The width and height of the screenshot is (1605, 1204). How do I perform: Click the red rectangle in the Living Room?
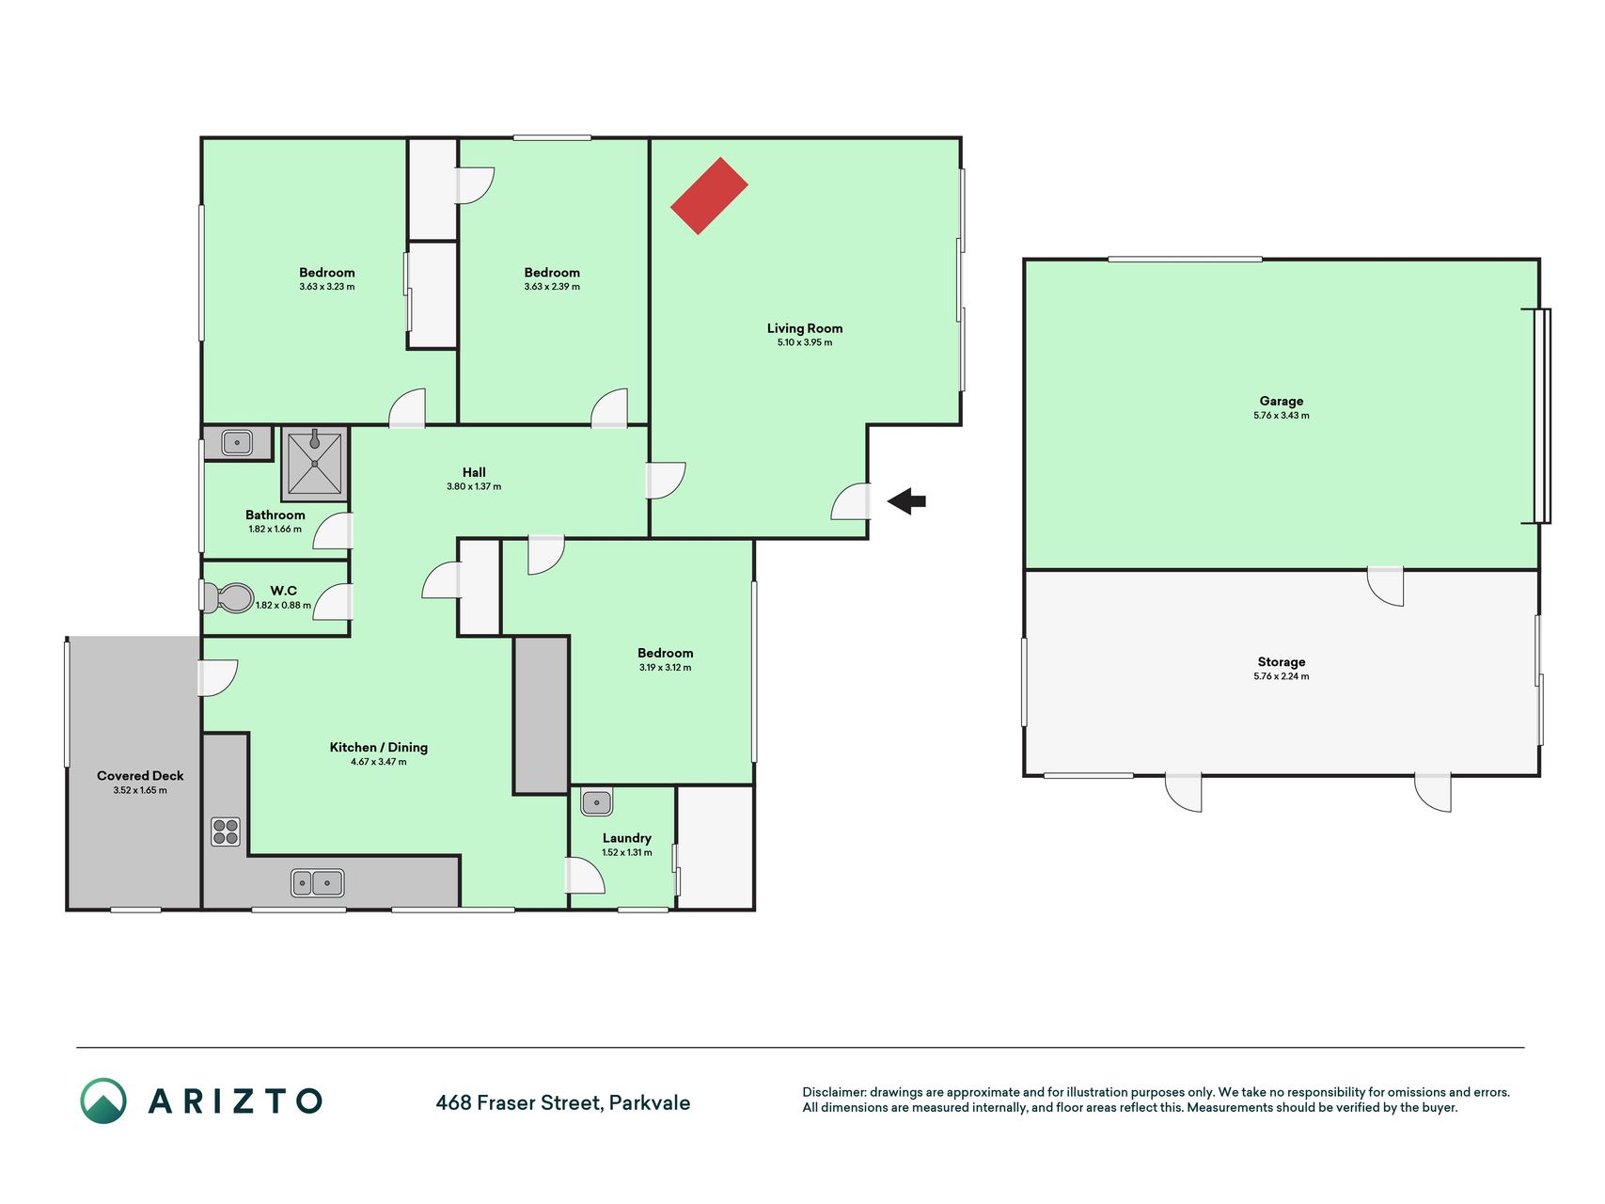[709, 196]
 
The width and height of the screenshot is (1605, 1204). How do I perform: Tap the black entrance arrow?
[906, 501]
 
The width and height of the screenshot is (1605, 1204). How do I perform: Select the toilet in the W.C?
[228, 597]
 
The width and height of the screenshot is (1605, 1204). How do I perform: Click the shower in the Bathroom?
[314, 463]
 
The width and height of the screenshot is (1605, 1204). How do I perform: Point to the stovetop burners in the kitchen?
[226, 832]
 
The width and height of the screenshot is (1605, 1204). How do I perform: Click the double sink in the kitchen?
[317, 883]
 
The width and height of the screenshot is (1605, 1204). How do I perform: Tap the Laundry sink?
[597, 802]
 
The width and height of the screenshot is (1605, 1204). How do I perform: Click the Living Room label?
[805, 328]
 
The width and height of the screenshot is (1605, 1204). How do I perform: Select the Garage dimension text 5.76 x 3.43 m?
[1281, 416]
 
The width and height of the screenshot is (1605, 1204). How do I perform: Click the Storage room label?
[1281, 662]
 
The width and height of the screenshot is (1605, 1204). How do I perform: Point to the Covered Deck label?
[140, 776]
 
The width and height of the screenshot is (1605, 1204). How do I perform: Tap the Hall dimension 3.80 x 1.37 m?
[474, 487]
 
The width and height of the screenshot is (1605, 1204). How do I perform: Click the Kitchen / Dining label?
[378, 748]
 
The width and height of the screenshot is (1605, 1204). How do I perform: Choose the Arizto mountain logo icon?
[103, 1101]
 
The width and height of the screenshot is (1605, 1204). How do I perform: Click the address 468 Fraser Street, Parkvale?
[562, 1102]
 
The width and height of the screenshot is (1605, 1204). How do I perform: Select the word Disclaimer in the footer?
[834, 1093]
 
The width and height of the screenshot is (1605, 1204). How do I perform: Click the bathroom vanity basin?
[236, 442]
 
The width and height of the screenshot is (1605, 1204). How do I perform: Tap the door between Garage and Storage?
[1385, 586]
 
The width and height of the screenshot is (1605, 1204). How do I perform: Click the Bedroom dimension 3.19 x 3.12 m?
[665, 668]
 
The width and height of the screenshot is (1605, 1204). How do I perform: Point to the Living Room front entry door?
[852, 500]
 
